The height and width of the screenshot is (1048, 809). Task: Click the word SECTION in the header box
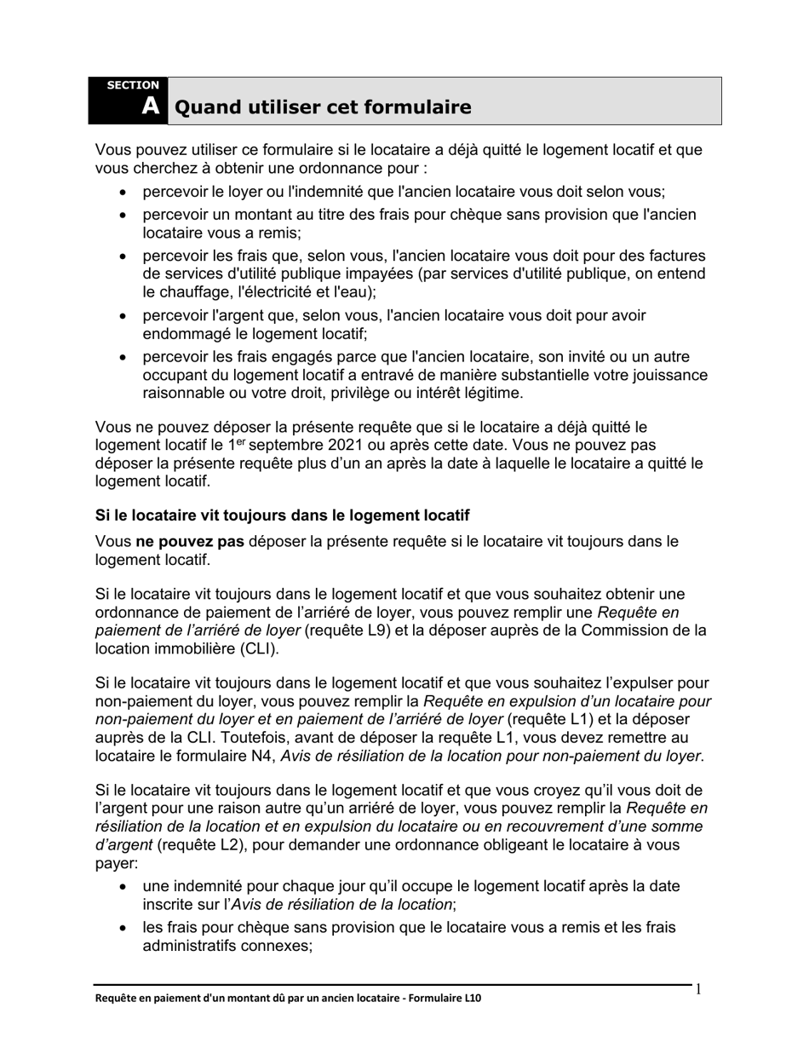(x=133, y=85)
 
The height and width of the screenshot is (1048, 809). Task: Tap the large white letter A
(x=150, y=107)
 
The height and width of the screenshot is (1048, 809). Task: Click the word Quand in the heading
(x=205, y=107)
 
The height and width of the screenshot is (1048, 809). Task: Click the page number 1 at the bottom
(x=699, y=989)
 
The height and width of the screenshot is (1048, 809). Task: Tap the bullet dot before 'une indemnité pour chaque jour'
(x=124, y=887)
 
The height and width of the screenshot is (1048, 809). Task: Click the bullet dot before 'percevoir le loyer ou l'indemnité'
(x=124, y=193)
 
